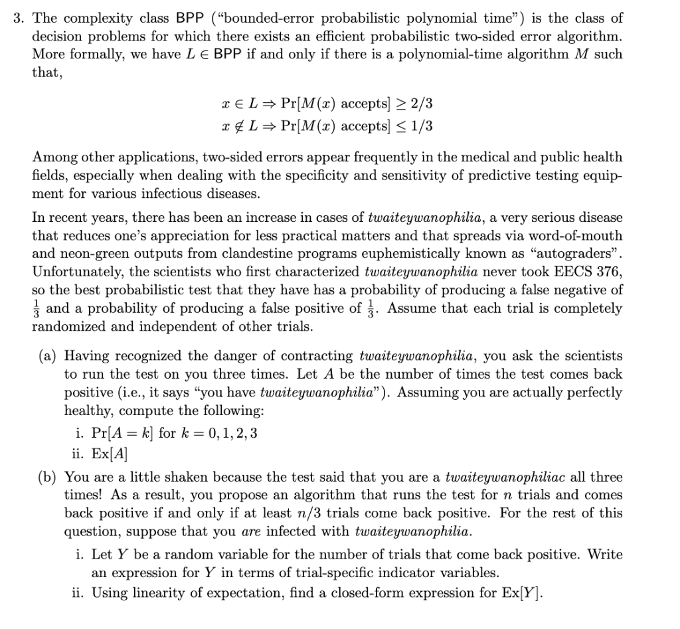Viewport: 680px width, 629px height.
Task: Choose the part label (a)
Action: coord(46,356)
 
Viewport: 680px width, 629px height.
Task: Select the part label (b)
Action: coord(46,477)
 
